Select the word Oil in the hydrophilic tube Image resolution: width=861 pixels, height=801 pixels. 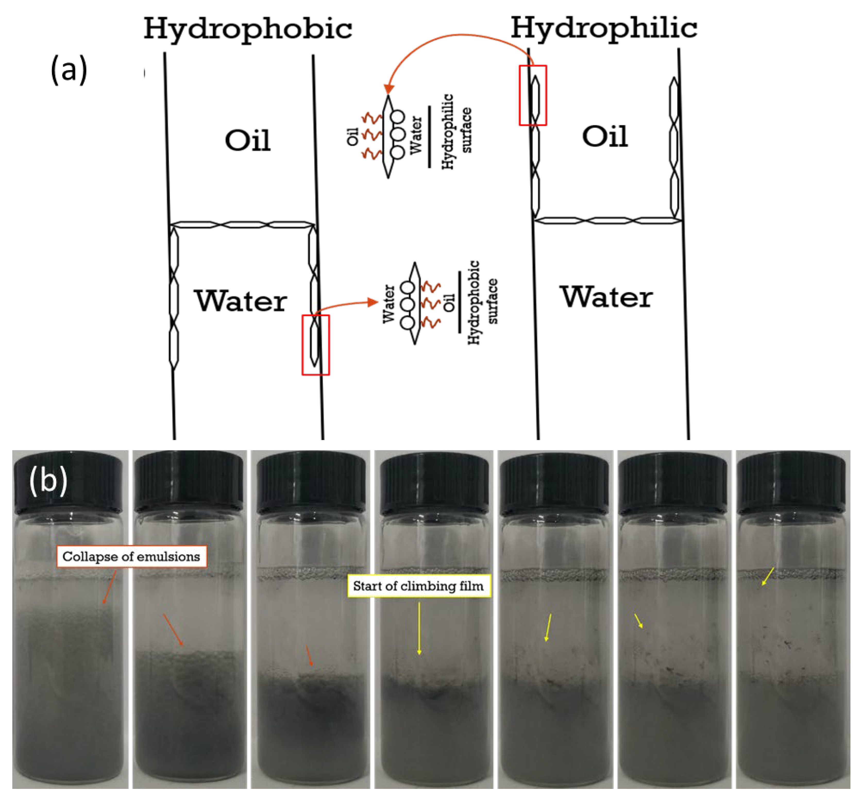pyautogui.click(x=605, y=137)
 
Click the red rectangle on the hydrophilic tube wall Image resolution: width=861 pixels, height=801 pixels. pyautogui.click(x=533, y=95)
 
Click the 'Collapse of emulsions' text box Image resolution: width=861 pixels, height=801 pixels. pyautogui.click(x=131, y=556)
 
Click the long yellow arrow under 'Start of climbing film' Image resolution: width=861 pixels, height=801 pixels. pyautogui.click(x=419, y=628)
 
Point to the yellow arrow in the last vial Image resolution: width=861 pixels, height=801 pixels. pyautogui.click(x=768, y=576)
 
